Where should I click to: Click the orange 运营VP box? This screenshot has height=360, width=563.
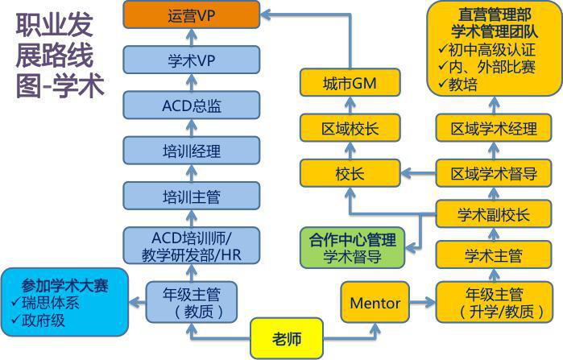[x=191, y=14]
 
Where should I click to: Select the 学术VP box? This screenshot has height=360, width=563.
[x=191, y=60]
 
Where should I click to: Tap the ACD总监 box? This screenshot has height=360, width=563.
[x=191, y=105]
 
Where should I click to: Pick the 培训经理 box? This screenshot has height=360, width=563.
[x=191, y=150]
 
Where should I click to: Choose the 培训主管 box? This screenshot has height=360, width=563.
[x=191, y=196]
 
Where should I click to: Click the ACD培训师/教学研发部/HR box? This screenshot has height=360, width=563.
[x=191, y=245]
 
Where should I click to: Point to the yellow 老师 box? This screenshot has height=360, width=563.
[x=286, y=338]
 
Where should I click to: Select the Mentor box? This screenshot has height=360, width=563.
[x=375, y=303]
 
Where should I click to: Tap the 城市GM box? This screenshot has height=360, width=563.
[x=349, y=83]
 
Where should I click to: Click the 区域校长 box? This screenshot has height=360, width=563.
[x=349, y=128]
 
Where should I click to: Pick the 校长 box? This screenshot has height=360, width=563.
[x=349, y=173]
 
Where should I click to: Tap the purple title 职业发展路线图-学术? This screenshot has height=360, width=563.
[x=60, y=55]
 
